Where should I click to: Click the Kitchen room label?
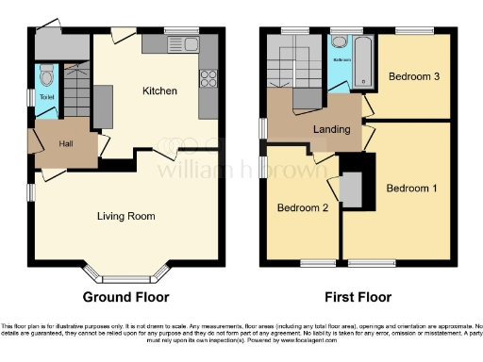pos(159,91)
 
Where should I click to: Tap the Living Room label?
pos(125,216)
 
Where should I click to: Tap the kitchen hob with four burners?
pos(208,80)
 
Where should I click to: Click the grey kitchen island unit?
pos(102,106)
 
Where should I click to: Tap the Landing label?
pos(332,129)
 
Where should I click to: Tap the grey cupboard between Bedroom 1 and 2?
pos(351,189)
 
